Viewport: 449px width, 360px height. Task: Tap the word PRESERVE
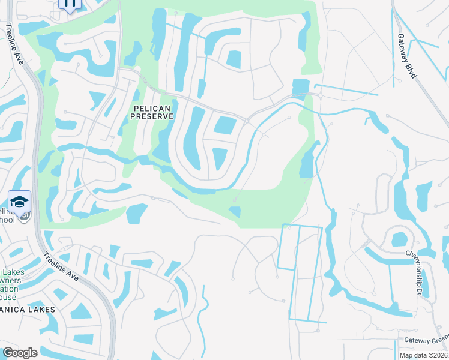151,116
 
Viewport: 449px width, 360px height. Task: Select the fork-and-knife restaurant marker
70,4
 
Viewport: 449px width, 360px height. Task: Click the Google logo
19,353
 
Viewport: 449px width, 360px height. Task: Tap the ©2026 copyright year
438,355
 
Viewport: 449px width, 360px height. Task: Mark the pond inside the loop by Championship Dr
399,239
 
